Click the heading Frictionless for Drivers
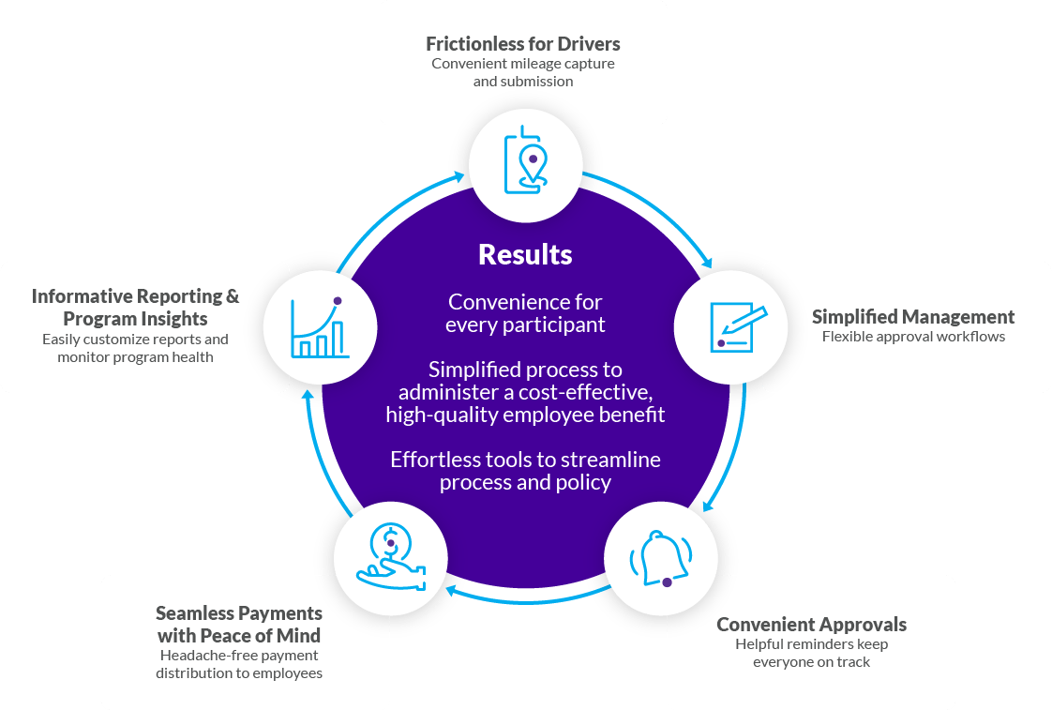point(522,44)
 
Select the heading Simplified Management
point(912,316)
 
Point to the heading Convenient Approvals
point(811,624)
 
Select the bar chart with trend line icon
point(320,327)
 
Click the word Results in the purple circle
point(525,254)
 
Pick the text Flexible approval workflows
point(912,337)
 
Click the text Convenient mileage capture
point(522,64)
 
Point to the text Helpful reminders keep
point(811,643)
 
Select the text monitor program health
point(135,356)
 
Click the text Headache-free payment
point(239,655)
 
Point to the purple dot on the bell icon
point(667,582)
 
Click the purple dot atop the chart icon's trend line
point(338,301)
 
